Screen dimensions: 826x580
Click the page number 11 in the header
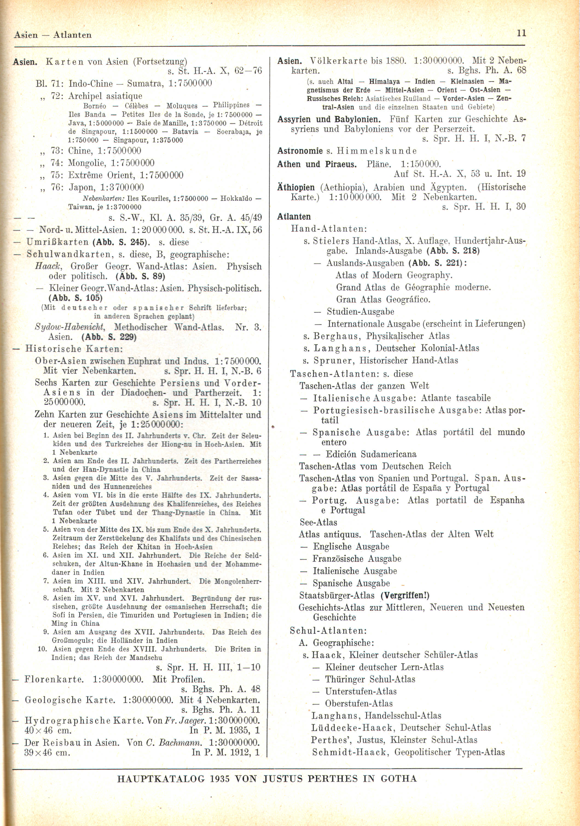click(521, 33)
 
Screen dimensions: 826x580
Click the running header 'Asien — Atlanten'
click(53, 35)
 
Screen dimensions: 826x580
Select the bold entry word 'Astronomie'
click(300, 151)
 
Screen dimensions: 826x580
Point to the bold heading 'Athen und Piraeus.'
click(317, 164)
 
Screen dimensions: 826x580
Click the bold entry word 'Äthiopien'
click(296, 187)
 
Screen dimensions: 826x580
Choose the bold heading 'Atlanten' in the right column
click(294, 217)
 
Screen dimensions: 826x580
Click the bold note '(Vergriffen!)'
click(405, 595)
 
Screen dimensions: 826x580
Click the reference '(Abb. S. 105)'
click(75, 298)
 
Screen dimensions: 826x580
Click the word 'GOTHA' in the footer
click(398, 779)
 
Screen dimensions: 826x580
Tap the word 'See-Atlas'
click(318, 522)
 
